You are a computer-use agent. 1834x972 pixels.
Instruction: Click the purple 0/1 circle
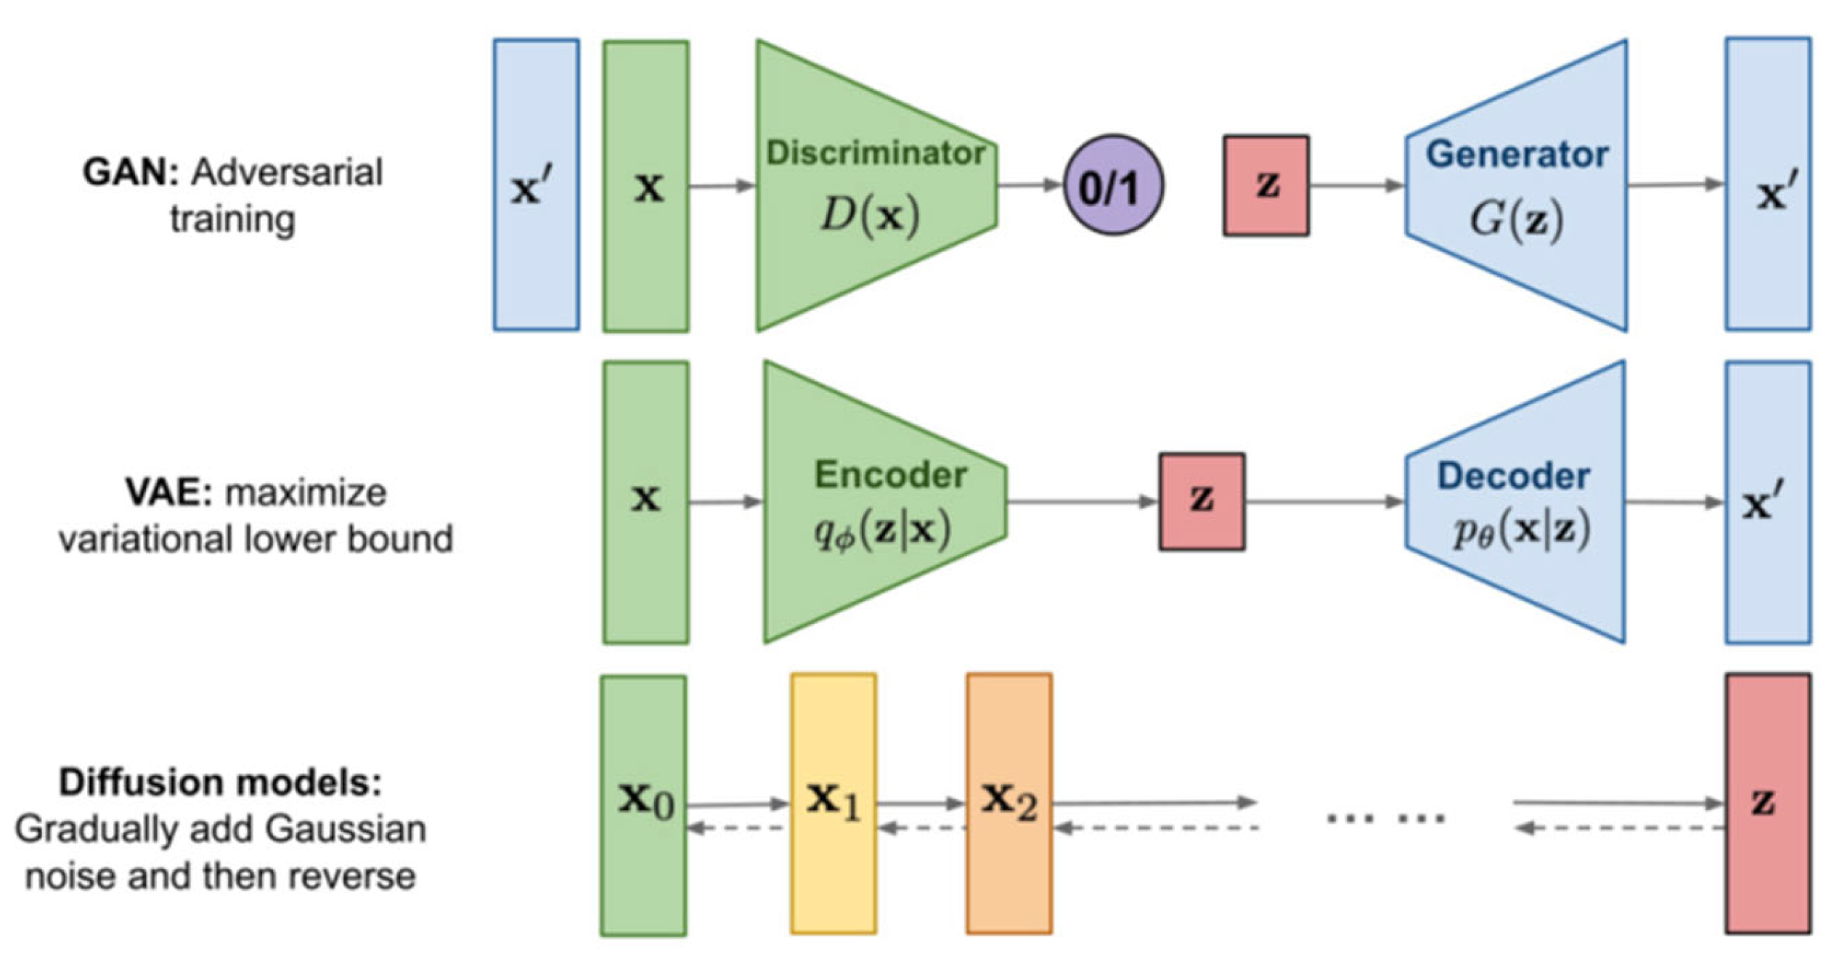[1113, 185]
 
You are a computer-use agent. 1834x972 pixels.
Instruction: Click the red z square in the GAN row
[1266, 185]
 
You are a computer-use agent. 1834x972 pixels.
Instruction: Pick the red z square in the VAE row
[1202, 501]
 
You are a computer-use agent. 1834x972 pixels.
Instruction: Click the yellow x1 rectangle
[834, 803]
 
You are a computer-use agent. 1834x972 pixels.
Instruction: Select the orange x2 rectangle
[1008, 803]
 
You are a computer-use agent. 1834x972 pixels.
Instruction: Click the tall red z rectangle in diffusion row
[1768, 803]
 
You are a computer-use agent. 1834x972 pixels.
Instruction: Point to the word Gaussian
[344, 829]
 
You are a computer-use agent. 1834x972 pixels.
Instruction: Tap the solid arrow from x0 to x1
[738, 803]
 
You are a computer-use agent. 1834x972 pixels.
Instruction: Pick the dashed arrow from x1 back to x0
[738, 828]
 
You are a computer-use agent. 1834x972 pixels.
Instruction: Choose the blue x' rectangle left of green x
[536, 185]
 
